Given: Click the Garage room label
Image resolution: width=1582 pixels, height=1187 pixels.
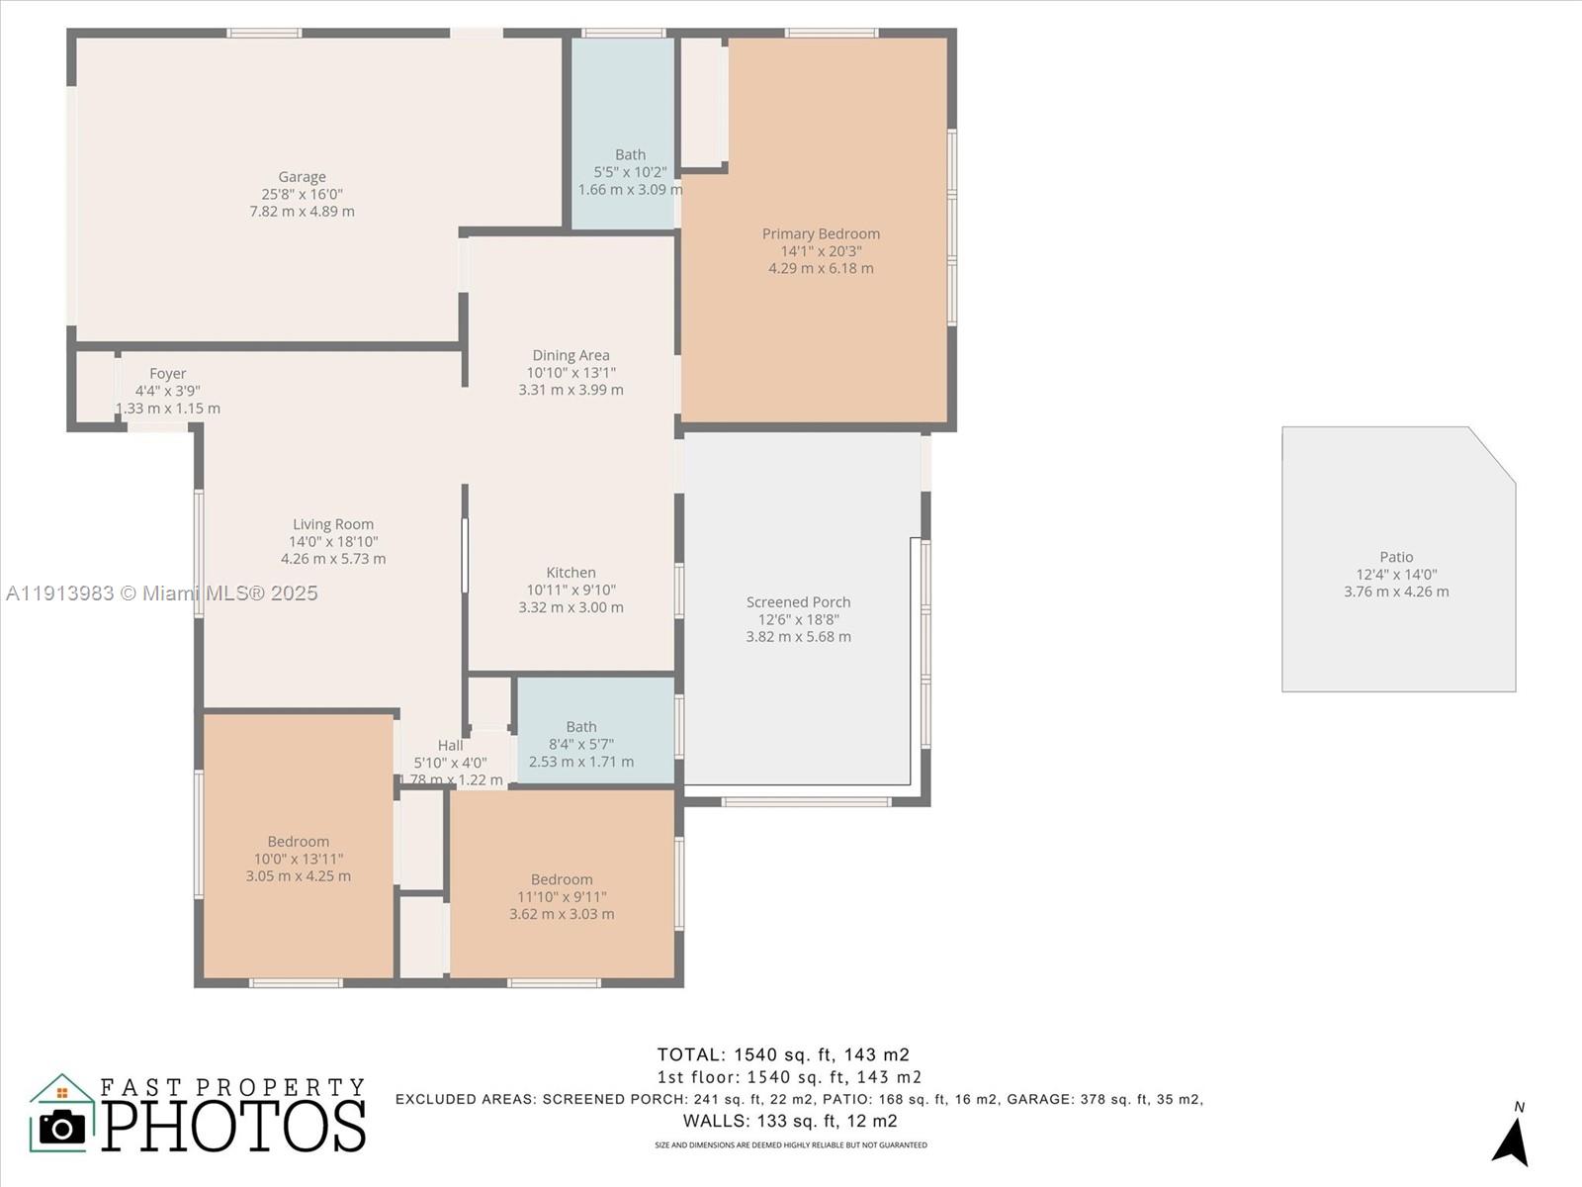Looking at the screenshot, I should (302, 177).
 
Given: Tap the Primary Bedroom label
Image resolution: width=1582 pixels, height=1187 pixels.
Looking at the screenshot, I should (821, 234).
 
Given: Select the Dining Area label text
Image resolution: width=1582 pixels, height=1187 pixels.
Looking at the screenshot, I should (571, 355).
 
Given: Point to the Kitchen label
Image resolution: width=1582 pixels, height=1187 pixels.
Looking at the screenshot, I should (571, 573).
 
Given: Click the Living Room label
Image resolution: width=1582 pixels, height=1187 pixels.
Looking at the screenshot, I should (333, 525).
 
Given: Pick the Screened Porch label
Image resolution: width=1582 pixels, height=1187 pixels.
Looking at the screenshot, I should (798, 602).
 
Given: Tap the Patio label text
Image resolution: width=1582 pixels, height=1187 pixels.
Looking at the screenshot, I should (1396, 557).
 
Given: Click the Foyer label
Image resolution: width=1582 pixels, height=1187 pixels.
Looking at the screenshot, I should (167, 374).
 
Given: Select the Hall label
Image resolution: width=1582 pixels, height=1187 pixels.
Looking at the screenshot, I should (450, 746).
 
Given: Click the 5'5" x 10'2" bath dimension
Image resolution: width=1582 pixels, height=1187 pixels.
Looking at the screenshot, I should (630, 172).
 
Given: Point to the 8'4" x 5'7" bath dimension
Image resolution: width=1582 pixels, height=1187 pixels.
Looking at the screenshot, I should (581, 744).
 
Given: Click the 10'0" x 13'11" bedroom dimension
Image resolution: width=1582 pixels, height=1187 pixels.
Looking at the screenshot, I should (298, 859).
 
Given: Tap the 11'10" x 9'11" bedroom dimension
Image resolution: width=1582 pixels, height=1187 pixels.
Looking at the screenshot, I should (562, 897).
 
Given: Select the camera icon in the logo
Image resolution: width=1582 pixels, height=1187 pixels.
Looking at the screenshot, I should (62, 1127).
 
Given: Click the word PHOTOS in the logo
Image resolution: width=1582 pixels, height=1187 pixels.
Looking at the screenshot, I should (234, 1126).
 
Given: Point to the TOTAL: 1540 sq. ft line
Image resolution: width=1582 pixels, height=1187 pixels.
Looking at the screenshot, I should (783, 1054).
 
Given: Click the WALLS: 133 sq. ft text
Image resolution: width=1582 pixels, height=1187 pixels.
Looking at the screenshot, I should (790, 1121).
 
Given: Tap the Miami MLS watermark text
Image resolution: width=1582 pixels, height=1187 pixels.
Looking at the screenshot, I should (162, 593).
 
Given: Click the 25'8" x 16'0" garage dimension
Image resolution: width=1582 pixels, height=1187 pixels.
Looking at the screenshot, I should (302, 195).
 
